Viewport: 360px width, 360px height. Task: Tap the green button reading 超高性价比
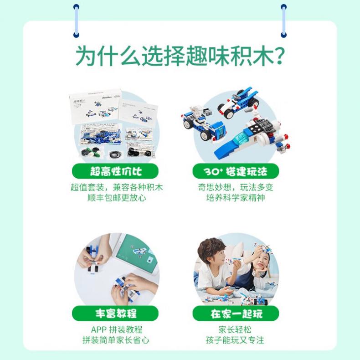point(115,171)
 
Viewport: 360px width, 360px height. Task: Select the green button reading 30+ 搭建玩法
point(236,171)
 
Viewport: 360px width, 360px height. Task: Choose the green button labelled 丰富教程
point(115,314)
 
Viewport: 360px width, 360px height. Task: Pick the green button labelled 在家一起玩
point(236,314)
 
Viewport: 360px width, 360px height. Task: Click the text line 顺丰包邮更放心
point(117,198)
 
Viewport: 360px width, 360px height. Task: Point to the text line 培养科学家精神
point(236,198)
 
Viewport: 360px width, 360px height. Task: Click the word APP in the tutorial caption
point(99,329)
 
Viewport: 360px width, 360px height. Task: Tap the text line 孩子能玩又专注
point(235,340)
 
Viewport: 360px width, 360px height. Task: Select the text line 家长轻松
point(235,329)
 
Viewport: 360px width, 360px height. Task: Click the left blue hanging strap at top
point(76,21)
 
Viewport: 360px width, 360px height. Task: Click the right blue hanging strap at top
point(284,21)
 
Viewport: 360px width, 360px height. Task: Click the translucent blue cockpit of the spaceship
point(239,139)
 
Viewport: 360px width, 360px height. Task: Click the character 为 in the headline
point(86,56)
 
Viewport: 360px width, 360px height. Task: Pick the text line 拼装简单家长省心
point(116,340)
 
